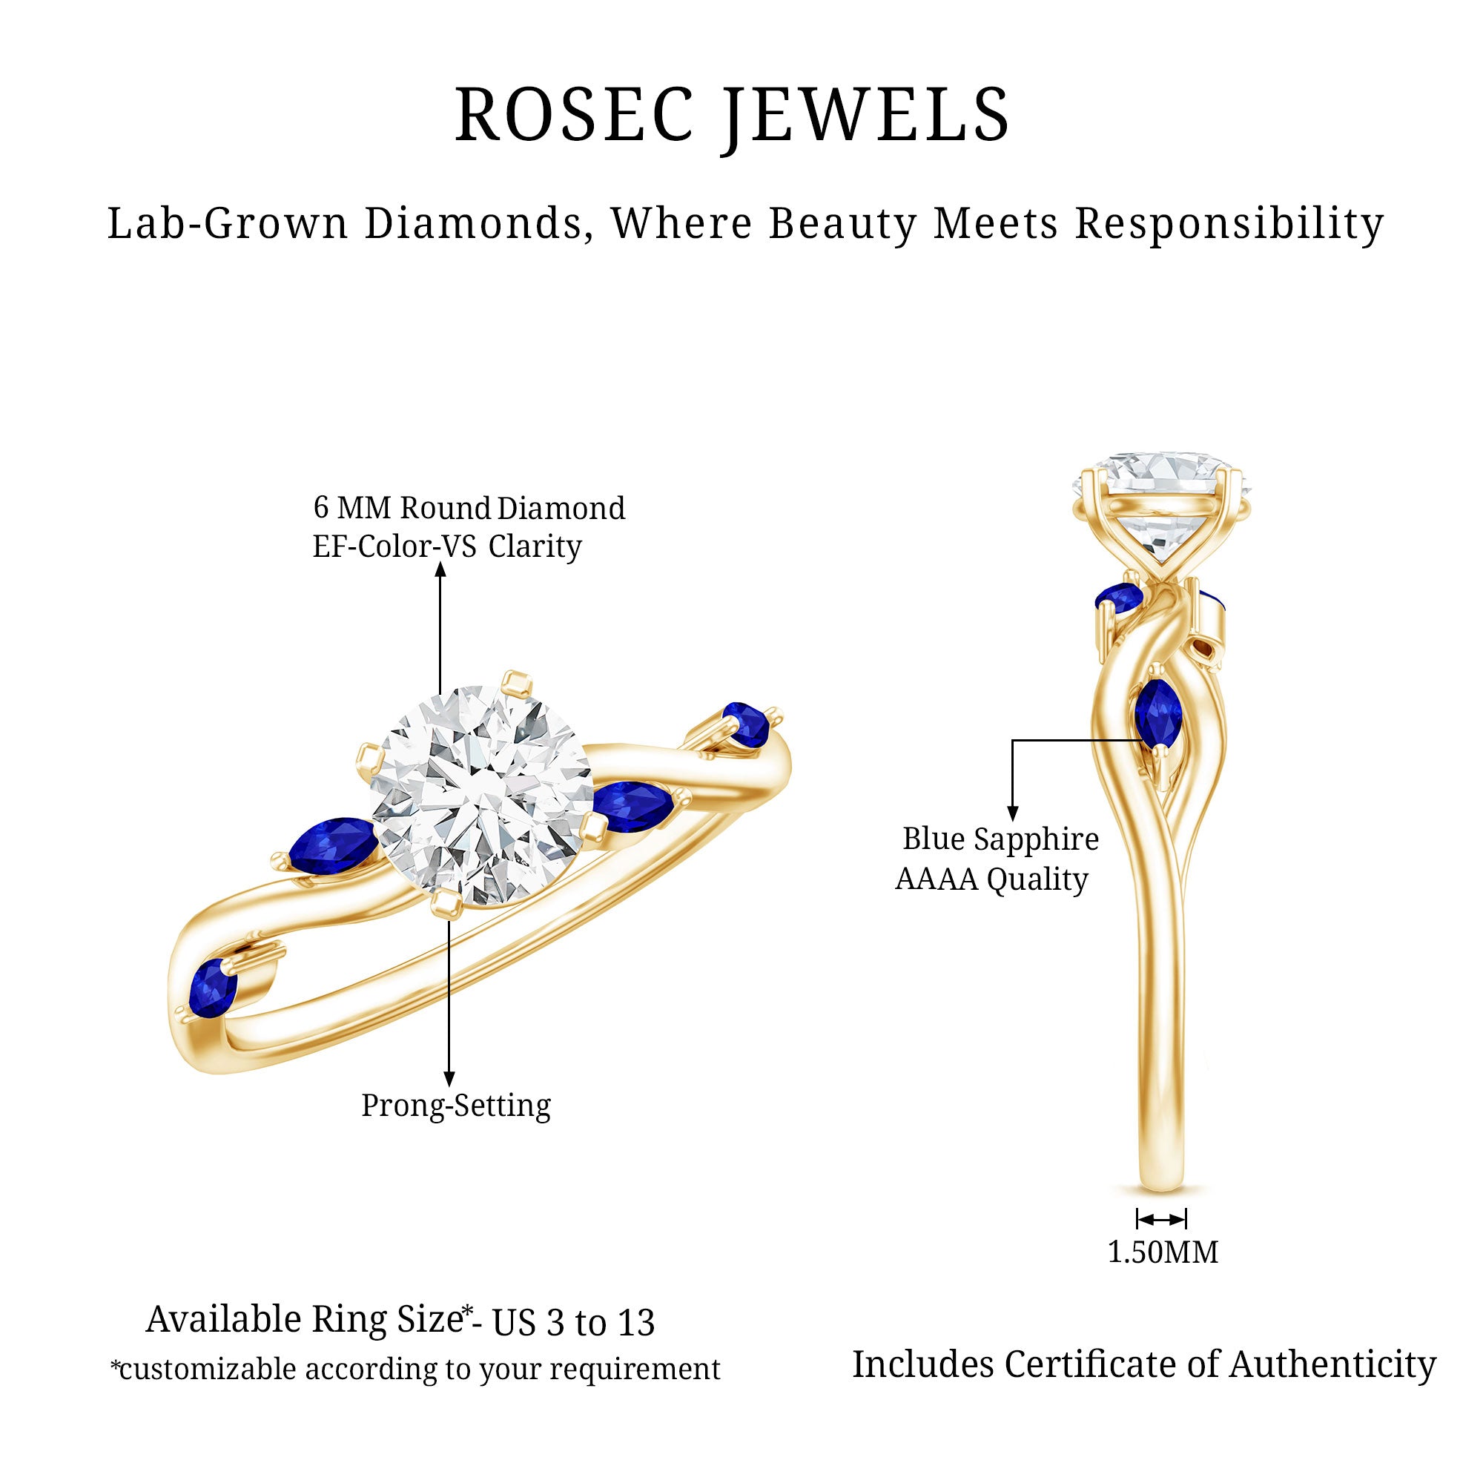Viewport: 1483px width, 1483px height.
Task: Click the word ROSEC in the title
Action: [574, 115]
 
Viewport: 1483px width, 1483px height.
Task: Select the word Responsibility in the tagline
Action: [1228, 224]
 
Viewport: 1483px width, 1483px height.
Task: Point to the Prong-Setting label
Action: [456, 1106]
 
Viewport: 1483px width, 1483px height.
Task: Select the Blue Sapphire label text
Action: [1000, 839]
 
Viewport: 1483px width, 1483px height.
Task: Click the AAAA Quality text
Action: [991, 879]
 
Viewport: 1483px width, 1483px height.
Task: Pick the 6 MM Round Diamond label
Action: [469, 507]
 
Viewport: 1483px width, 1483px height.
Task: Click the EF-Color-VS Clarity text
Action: [446, 546]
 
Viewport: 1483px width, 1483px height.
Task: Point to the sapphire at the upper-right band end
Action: [746, 723]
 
